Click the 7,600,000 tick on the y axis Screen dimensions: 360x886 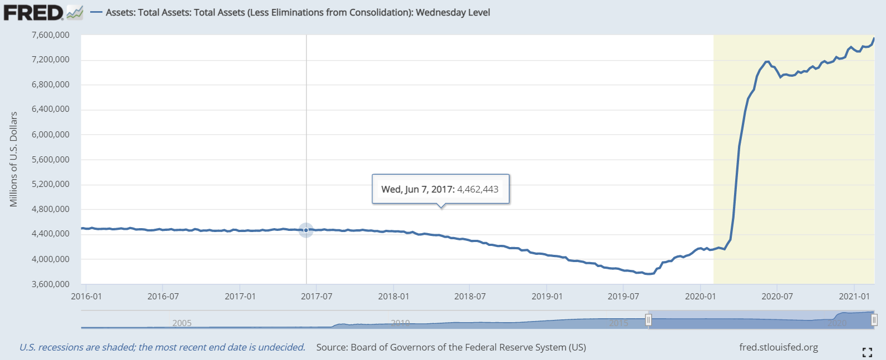(51, 35)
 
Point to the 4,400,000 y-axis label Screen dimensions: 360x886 (51, 234)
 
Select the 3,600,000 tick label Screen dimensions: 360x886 (51, 284)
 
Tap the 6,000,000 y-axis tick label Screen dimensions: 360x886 (51, 134)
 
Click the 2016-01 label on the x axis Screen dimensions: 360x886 (86, 297)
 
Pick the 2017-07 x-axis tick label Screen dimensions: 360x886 (317, 297)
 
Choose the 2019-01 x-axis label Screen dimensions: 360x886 (547, 297)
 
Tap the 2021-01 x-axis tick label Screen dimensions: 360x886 (854, 297)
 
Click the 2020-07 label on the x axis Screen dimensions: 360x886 (777, 297)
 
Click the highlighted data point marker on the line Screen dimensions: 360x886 (306, 230)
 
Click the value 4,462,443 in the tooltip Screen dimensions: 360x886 (478, 189)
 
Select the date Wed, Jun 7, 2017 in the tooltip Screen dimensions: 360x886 (417, 189)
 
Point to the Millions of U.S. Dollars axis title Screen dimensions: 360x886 (14, 159)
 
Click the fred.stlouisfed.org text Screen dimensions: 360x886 (779, 347)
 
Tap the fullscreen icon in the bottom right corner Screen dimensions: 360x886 (867, 352)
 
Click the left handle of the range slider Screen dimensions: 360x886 (648, 320)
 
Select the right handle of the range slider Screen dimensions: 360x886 (874, 320)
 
